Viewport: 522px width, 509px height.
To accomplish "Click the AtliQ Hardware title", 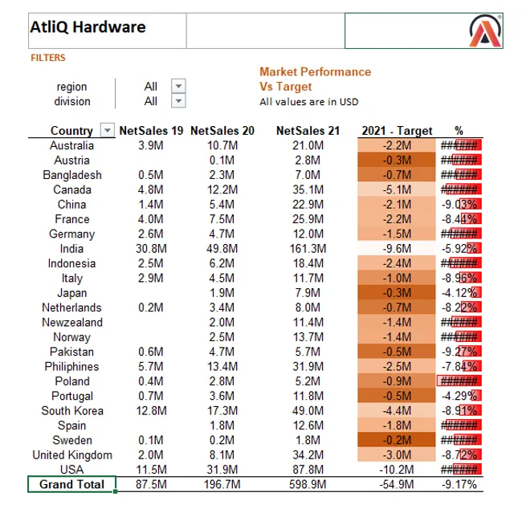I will coord(88,27).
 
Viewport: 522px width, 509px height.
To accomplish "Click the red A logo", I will coord(486,31).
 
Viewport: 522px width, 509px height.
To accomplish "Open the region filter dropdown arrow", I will coord(178,86).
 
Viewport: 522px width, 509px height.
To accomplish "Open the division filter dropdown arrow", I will coord(178,101).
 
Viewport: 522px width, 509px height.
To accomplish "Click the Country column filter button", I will coord(107,131).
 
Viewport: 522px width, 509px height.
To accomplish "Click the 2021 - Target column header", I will coord(397,131).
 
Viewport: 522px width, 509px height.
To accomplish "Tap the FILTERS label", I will coord(48,58).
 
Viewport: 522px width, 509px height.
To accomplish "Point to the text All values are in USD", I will coord(308,102).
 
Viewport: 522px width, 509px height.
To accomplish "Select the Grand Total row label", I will coord(71,484).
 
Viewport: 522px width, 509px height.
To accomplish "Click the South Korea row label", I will coord(71,410).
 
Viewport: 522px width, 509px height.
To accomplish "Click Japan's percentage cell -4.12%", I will coord(460,293).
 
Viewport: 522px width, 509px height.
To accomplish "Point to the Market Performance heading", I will coord(315,71).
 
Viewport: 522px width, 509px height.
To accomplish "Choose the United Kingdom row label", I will coord(71,455).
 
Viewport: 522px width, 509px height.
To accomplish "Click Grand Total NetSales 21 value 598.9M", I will coord(308,484).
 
